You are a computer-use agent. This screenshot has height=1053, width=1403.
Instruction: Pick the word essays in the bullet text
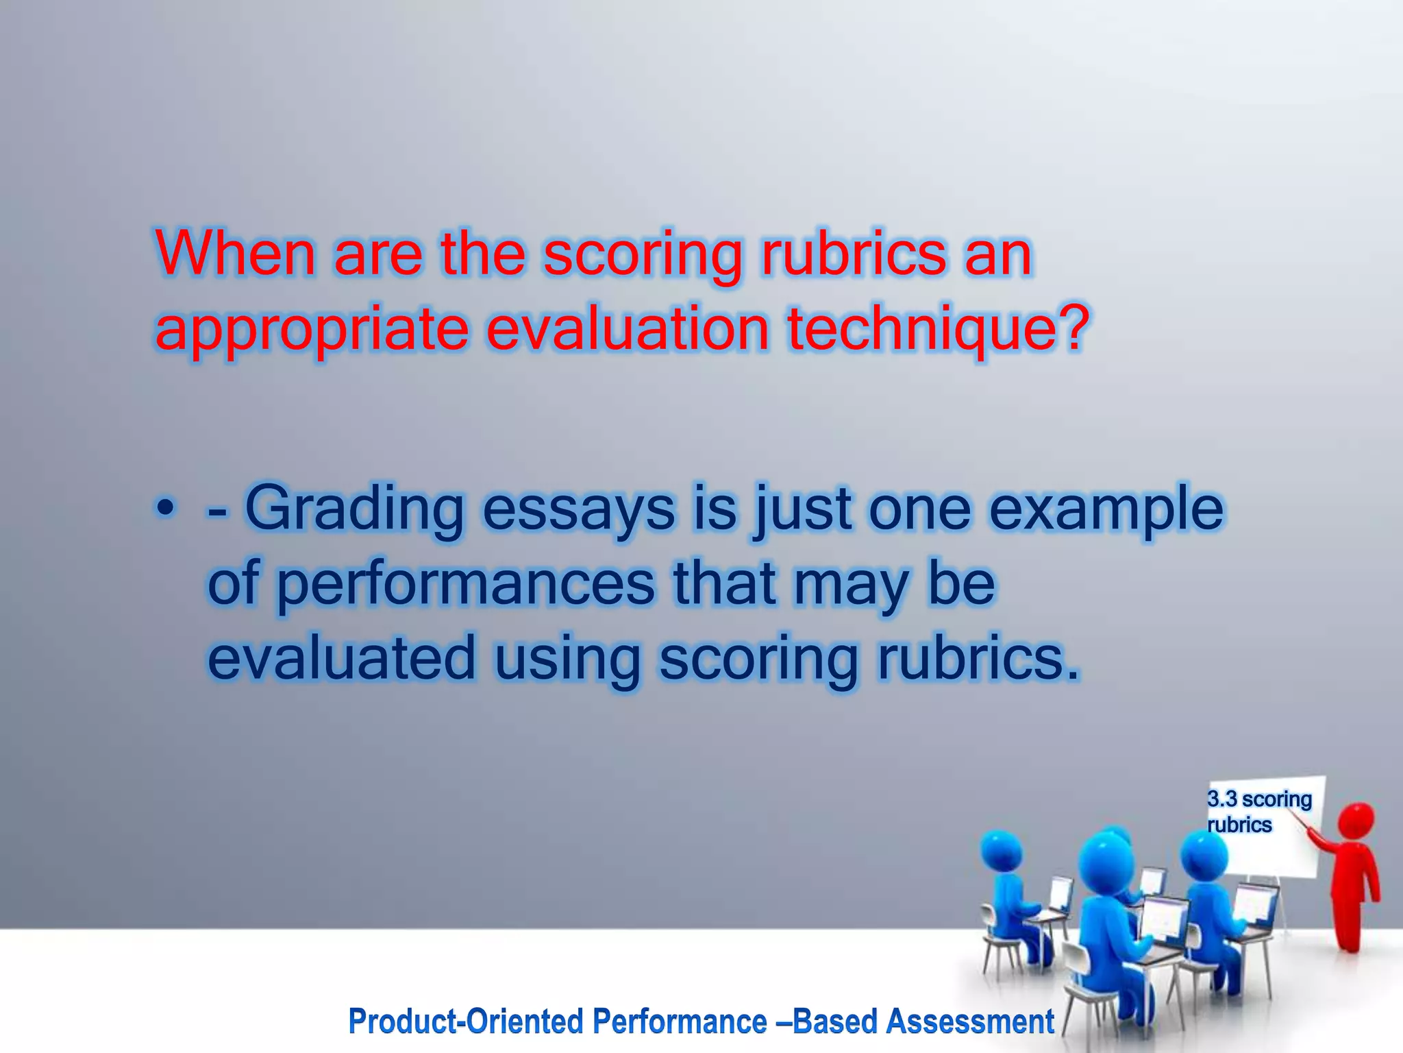point(578,511)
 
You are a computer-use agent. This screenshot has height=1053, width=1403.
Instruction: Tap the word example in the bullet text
point(1106,511)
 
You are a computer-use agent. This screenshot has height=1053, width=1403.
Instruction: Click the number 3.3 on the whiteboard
point(1222,799)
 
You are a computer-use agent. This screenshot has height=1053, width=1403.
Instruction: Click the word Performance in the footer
point(680,1022)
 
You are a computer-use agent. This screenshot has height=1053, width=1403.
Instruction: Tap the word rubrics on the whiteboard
point(1239,825)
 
